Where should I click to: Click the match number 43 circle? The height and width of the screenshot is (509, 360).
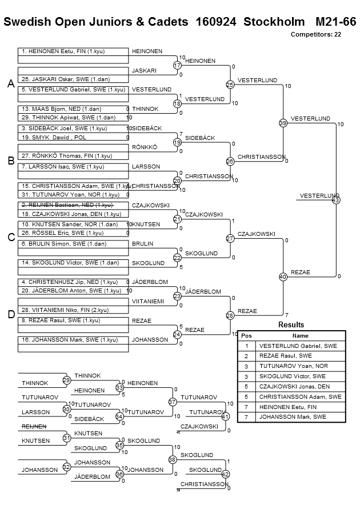[x=335, y=200]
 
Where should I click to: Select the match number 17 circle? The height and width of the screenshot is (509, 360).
[x=177, y=66]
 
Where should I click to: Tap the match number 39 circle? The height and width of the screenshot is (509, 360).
[x=282, y=123]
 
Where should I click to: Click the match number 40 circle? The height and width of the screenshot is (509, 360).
[x=282, y=276]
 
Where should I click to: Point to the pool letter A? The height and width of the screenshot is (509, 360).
[x=11, y=84]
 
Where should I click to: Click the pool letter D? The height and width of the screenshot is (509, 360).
[x=11, y=315]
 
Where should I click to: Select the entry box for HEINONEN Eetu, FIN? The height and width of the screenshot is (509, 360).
[x=73, y=51]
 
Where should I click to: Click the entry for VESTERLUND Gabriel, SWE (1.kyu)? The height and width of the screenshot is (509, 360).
[x=73, y=90]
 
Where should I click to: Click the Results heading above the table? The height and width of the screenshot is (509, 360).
[x=291, y=324]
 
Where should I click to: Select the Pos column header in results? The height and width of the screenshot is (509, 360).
[x=246, y=336]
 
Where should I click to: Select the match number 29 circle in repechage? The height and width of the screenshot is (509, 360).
[x=66, y=380]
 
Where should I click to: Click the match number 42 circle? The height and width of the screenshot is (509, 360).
[x=225, y=474]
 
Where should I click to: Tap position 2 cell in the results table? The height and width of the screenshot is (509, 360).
[x=246, y=356]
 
